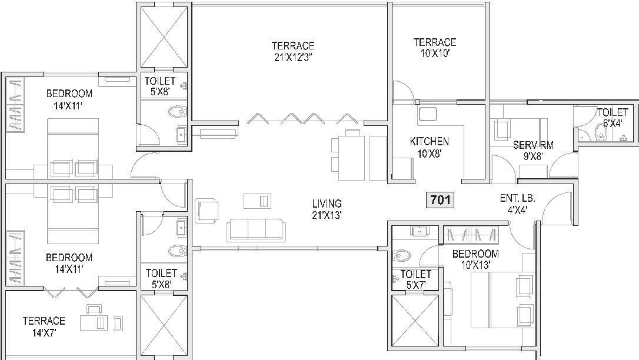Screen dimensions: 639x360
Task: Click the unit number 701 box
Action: click(440, 199)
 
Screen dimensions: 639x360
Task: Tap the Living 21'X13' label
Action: click(327, 209)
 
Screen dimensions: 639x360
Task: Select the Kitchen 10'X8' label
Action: click(430, 148)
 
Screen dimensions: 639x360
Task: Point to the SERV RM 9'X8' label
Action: click(533, 150)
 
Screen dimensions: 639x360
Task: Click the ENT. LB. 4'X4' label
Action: click(517, 204)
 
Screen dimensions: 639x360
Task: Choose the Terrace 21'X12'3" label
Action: click(293, 51)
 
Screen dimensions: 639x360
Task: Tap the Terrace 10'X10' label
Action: click(435, 48)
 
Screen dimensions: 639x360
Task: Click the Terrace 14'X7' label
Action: click(44, 326)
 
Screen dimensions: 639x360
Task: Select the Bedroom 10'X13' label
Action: click(475, 259)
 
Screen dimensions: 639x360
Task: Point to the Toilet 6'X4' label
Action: click(613, 117)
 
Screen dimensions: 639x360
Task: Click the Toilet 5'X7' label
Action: click(415, 280)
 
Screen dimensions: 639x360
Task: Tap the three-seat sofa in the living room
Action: click(256, 229)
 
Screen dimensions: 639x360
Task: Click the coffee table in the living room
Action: click(257, 201)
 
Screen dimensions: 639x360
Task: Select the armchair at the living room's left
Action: click(207, 211)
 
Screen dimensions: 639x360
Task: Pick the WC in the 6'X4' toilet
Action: click(601, 131)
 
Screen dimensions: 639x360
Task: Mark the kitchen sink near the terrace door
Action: click(428, 114)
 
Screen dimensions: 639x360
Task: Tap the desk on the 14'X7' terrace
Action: click(94, 324)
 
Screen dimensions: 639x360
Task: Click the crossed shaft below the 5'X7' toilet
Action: click(415, 321)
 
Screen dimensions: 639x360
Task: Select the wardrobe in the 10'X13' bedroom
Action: click(471, 235)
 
